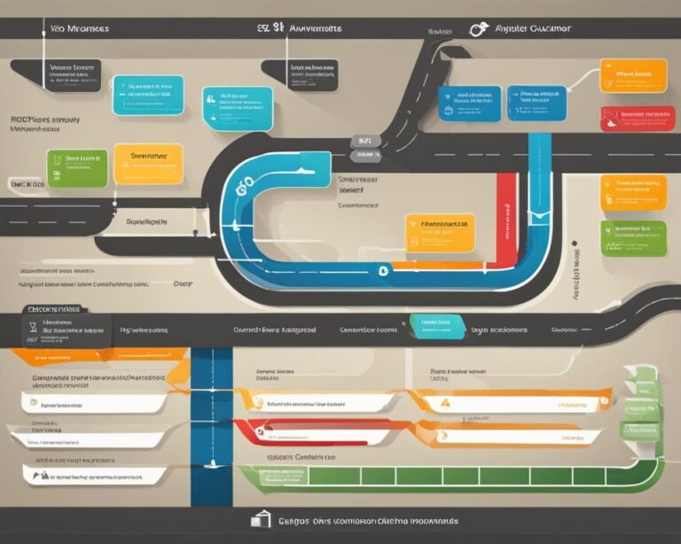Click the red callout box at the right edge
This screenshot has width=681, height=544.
pyautogui.click(x=632, y=119)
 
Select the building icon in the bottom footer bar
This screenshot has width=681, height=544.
pyautogui.click(x=261, y=519)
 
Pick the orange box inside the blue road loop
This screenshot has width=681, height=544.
pyautogui.click(x=440, y=232)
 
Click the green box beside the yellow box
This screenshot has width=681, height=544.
pyautogui.click(x=77, y=167)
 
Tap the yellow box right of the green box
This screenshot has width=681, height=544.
pyautogui.click(x=148, y=164)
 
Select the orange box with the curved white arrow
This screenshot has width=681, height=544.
pyautogui.click(x=632, y=75)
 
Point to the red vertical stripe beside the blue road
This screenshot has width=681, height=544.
pyautogui.click(x=506, y=216)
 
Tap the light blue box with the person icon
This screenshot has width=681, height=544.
pyautogui.click(x=237, y=108)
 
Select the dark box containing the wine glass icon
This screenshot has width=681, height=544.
pyautogui.click(x=67, y=330)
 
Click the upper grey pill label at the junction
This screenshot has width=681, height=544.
pyautogui.click(x=364, y=141)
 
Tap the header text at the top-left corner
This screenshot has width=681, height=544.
pyautogui.click(x=80, y=29)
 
